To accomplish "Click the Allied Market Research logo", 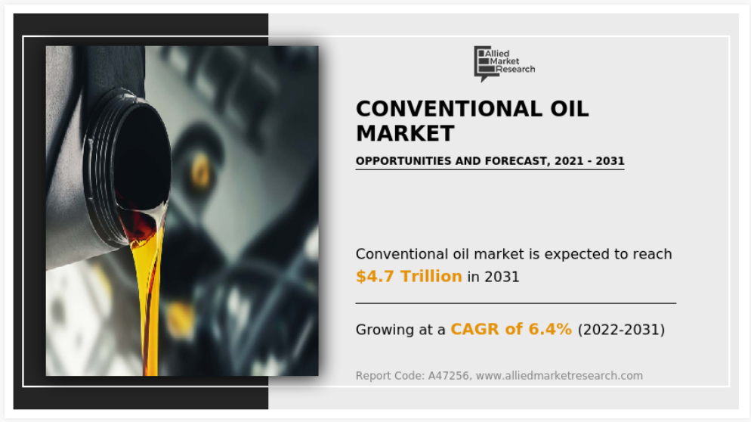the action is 505,64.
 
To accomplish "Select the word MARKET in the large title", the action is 405,133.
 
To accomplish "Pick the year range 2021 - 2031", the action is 589,161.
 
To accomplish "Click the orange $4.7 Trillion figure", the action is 409,276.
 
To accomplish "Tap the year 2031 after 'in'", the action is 502,278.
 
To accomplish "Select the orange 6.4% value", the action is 550,330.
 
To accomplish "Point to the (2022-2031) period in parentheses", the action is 621,330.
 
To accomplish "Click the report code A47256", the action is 448,375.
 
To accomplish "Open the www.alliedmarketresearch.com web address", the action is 559,375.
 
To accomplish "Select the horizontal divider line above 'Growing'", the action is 516,303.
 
